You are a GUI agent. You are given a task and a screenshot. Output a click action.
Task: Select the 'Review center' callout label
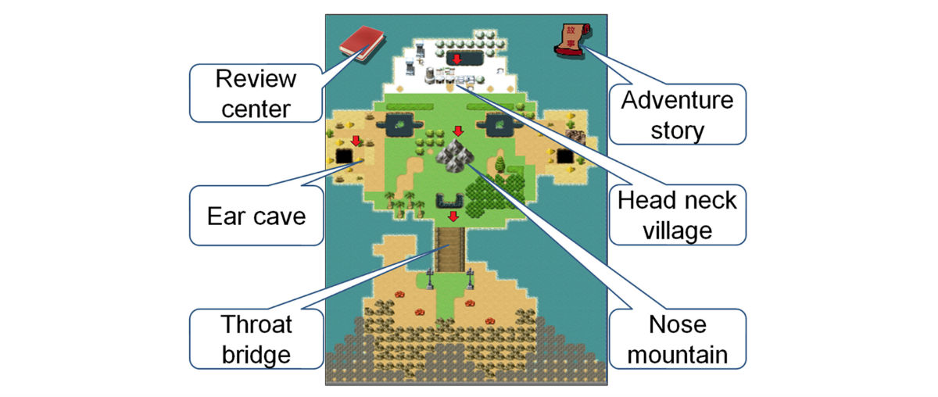tap(256, 93)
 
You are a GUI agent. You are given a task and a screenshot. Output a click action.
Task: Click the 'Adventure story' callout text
tap(677, 115)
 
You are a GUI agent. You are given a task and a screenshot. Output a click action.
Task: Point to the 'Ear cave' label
tap(256, 215)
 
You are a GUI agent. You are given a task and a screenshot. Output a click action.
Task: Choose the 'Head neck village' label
tap(677, 215)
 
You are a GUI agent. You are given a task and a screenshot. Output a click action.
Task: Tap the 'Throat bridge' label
tap(256, 338)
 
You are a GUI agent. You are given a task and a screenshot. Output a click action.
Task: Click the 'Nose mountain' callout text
tap(677, 338)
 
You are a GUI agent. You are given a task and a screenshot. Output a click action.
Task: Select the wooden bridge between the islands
tap(450, 248)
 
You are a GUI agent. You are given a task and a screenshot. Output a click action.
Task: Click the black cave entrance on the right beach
tap(565, 157)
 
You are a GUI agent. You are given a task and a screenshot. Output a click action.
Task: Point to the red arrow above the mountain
tap(458, 131)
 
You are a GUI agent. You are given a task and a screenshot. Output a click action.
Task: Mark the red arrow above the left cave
tap(356, 141)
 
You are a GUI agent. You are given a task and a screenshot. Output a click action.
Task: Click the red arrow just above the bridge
tap(452, 216)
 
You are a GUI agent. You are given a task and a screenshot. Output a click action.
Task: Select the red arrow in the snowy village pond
tap(457, 59)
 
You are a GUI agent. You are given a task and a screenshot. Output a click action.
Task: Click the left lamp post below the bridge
tap(430, 277)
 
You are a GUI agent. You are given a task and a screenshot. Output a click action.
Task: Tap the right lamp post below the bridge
tap(470, 277)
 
